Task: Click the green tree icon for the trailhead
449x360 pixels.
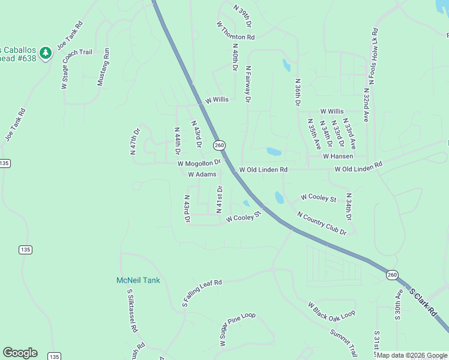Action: [46, 54]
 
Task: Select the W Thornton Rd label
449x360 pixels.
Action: [236, 29]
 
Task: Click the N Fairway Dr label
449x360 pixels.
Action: [247, 84]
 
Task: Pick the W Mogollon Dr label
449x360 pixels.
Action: [199, 163]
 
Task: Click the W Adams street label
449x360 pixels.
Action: [202, 175]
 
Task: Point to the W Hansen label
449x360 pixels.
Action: [338, 156]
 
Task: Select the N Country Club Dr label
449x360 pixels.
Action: [322, 223]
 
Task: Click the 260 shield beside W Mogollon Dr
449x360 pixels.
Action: [220, 146]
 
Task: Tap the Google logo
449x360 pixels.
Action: [20, 353]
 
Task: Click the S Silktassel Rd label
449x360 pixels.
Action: [132, 310]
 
